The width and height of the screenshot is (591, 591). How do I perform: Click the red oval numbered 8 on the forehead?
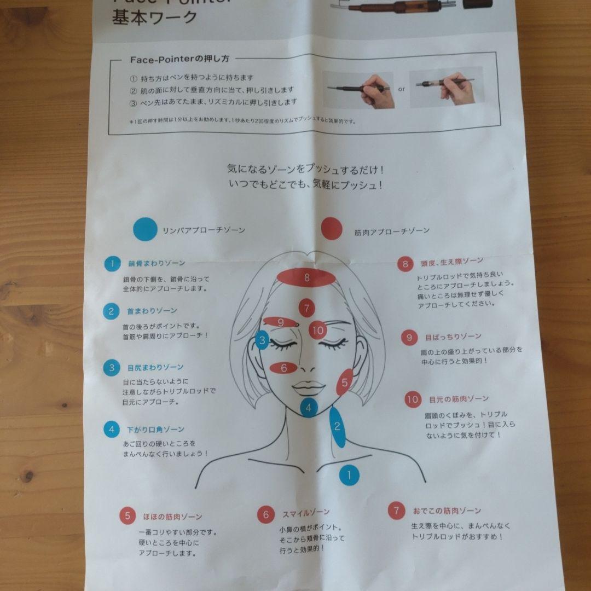(x=306, y=277)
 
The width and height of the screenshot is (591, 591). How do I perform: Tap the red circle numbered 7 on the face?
(x=306, y=308)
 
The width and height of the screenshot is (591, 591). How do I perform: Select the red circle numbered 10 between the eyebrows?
(x=318, y=330)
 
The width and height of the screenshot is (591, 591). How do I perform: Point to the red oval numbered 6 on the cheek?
(x=283, y=368)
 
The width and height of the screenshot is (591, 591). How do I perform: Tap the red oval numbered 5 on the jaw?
(x=344, y=382)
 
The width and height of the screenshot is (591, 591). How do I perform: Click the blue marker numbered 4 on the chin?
(x=309, y=407)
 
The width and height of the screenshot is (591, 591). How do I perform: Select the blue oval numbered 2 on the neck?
(x=338, y=427)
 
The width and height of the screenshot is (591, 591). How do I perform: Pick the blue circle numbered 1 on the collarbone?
(x=349, y=475)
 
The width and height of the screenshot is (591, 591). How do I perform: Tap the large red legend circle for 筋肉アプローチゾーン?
(x=332, y=229)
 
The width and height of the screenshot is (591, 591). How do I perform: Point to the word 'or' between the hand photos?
(x=401, y=89)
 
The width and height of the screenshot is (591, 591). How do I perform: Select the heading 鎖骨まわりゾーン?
(x=157, y=263)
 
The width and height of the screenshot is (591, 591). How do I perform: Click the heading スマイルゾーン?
(x=306, y=513)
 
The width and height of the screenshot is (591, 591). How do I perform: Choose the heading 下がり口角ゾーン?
(x=155, y=430)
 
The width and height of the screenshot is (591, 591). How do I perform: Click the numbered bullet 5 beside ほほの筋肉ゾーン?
(x=128, y=515)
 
